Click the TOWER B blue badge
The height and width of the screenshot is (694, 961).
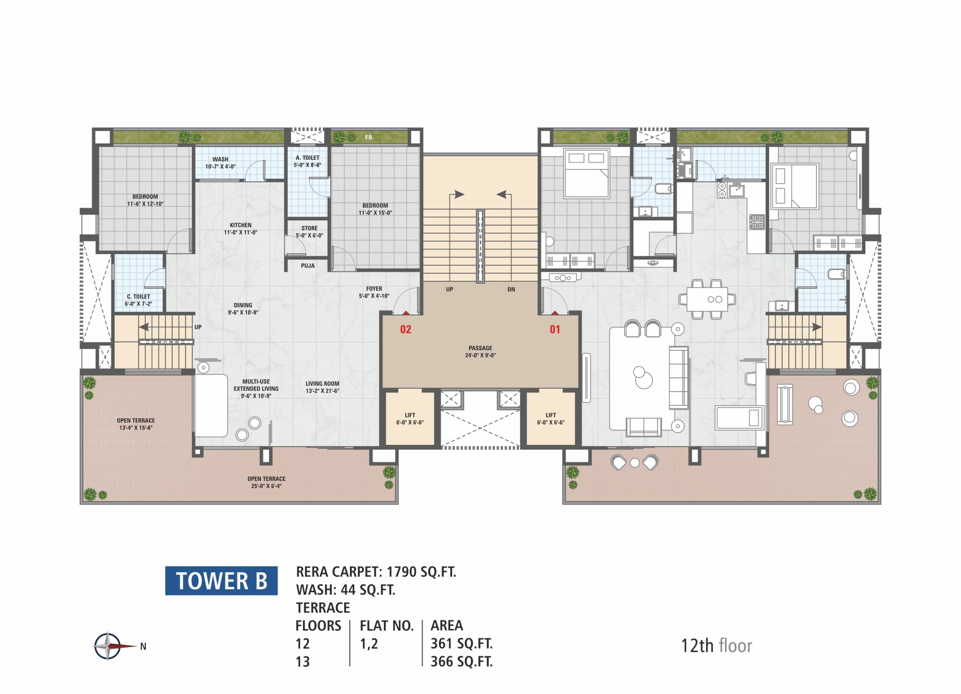pos(221,580)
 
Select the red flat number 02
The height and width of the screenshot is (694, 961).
pos(405,329)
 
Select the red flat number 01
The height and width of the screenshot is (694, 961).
pos(555,329)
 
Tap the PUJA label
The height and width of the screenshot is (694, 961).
pos(307,266)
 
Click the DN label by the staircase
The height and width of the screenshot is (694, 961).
pos(511,289)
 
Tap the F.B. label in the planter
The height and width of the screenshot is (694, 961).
pos(369,138)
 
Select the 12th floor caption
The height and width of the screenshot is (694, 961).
pos(717,646)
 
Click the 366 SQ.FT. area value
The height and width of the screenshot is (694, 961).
pos(461,661)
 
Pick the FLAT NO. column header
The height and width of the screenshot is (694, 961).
pos(386,626)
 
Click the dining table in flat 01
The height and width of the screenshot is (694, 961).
pos(708,299)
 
